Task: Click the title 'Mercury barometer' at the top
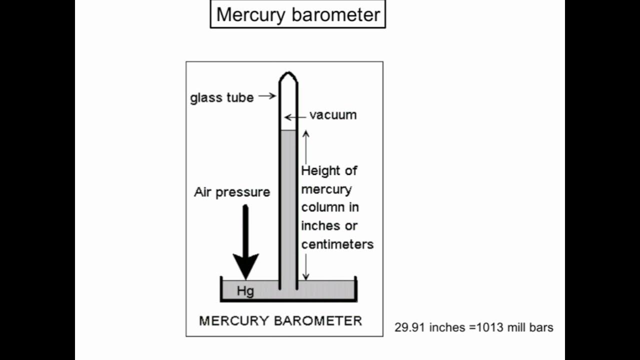[298, 14]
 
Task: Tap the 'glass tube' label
[221, 97]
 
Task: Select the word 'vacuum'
[333, 115]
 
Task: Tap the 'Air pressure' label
[232, 192]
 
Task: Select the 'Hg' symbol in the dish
[245, 291]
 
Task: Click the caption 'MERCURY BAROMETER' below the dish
[280, 320]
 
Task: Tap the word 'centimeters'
[337, 244]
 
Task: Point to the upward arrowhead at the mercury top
[306, 134]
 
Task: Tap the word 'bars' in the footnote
[542, 328]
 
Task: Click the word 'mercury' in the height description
[326, 189]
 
